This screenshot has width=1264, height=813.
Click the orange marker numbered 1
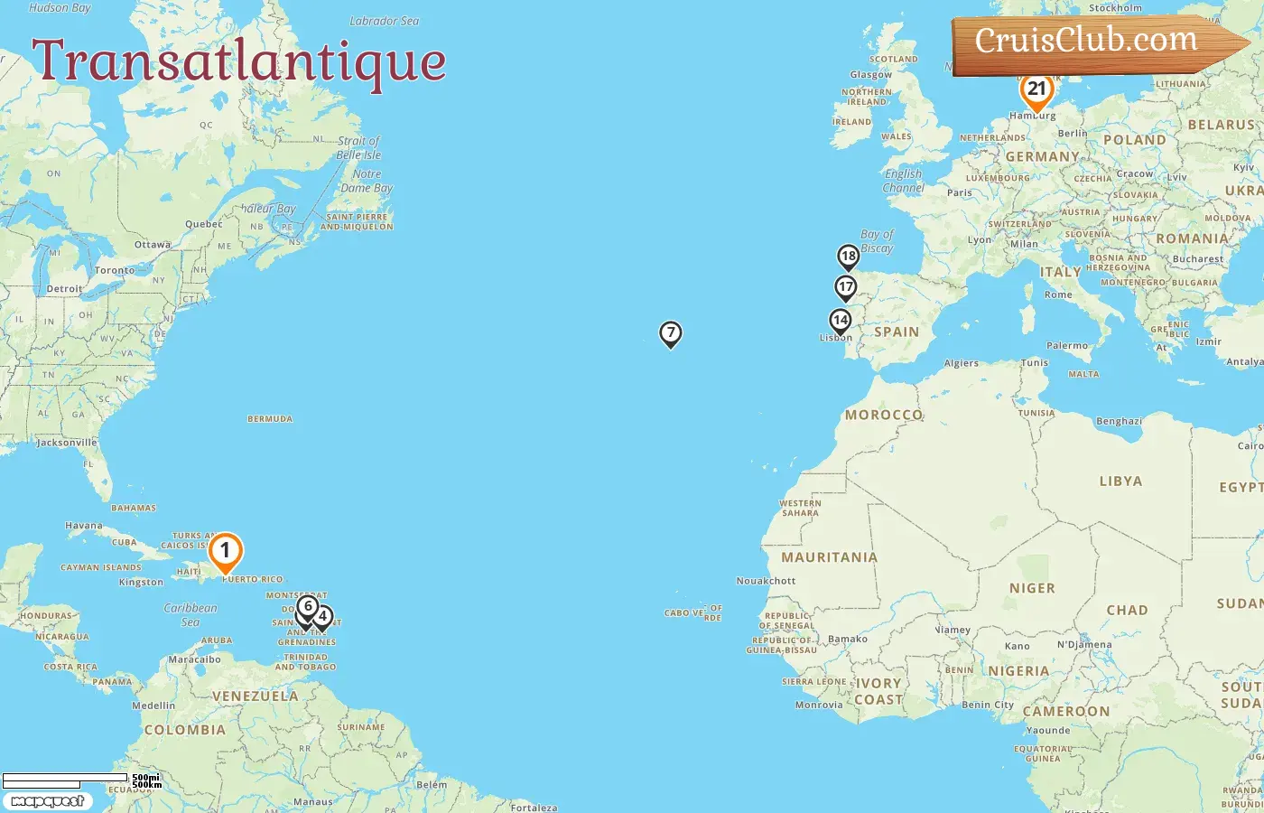[225, 551]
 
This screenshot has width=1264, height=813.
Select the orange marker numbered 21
[1036, 90]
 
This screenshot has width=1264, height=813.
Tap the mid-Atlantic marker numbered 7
[670, 333]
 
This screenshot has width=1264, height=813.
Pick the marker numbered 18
[848, 257]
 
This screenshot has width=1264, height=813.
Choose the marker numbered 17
[845, 288]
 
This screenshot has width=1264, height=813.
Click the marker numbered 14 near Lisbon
[841, 321]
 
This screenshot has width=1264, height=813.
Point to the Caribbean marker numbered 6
[308, 607]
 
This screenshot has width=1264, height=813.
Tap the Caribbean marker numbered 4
[322, 617]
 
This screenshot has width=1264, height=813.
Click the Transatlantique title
[239, 61]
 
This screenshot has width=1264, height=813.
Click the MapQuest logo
[47, 801]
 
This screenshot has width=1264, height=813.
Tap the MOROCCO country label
[884, 415]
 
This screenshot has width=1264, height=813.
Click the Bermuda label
[270, 419]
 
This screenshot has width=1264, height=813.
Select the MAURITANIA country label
[829, 557]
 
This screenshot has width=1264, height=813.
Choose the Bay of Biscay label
[877, 241]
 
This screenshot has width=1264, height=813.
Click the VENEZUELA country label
[255, 696]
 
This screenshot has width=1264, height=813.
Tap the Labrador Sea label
[385, 21]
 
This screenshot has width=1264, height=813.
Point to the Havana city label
[84, 526]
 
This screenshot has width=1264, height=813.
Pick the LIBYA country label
[1120, 481]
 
